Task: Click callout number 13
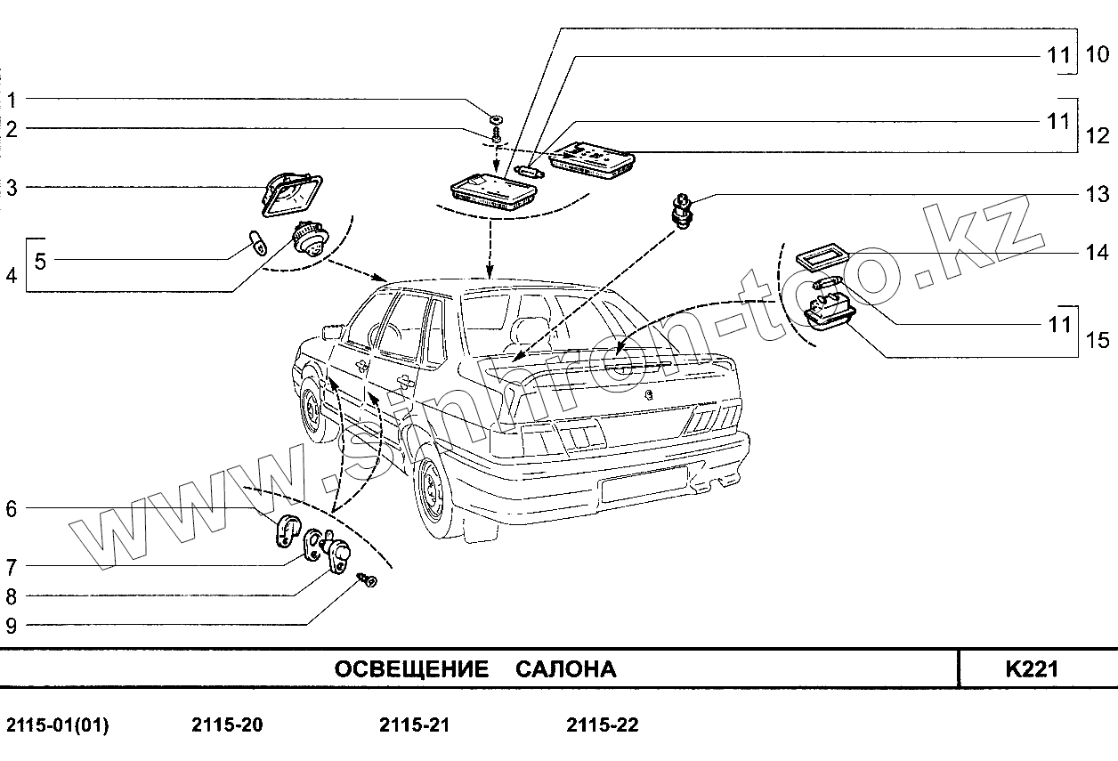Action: [x=1097, y=195]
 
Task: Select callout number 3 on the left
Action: [x=11, y=188]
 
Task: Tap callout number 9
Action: [x=11, y=625]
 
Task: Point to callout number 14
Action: [x=1097, y=253]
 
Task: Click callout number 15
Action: [x=1098, y=340]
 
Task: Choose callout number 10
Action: [x=1098, y=55]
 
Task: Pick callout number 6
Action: [x=11, y=510]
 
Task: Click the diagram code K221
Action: [x=1032, y=669]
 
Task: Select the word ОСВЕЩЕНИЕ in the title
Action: [x=411, y=669]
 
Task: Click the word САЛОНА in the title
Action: [x=565, y=669]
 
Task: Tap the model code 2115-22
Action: [x=602, y=725]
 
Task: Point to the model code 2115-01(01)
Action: [x=58, y=725]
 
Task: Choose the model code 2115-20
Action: [x=227, y=725]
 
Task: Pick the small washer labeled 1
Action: [x=496, y=117]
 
